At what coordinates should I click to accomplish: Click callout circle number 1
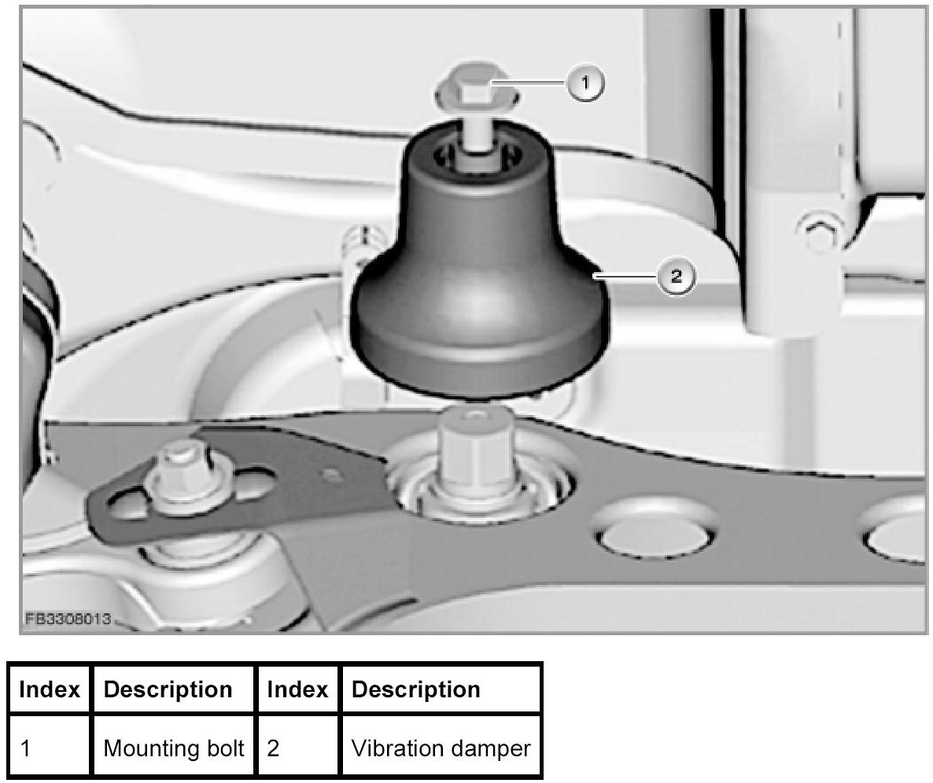[585, 83]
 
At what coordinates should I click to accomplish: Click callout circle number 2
[676, 277]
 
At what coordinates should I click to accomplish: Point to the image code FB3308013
[66, 618]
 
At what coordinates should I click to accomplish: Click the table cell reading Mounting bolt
[174, 748]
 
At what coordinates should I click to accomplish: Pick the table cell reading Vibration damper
[441, 748]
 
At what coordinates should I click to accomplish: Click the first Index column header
[50, 689]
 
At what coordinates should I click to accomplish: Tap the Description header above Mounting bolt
[168, 689]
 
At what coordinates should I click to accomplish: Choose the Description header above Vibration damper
[415, 689]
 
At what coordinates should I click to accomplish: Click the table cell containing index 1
[50, 748]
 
